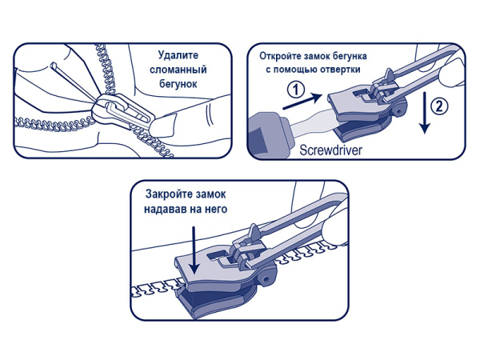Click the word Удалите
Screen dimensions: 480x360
[178, 56]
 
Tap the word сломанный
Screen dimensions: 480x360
[178, 70]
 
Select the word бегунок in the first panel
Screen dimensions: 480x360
[178, 84]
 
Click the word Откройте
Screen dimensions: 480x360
[280, 56]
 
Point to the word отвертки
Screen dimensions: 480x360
[340, 70]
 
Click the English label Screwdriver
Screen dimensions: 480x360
[330, 150]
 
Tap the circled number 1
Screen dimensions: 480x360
[296, 90]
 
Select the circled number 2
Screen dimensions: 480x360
[439, 107]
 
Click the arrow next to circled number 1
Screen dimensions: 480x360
[302, 102]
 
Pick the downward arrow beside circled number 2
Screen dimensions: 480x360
[425, 112]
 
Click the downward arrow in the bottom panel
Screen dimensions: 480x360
[194, 250]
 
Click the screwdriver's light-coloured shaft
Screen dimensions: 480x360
[312, 122]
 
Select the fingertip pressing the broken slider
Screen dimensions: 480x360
[162, 126]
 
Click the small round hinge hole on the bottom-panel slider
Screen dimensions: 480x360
[265, 279]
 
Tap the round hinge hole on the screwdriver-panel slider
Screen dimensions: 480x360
[398, 112]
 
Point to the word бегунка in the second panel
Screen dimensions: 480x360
[346, 56]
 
